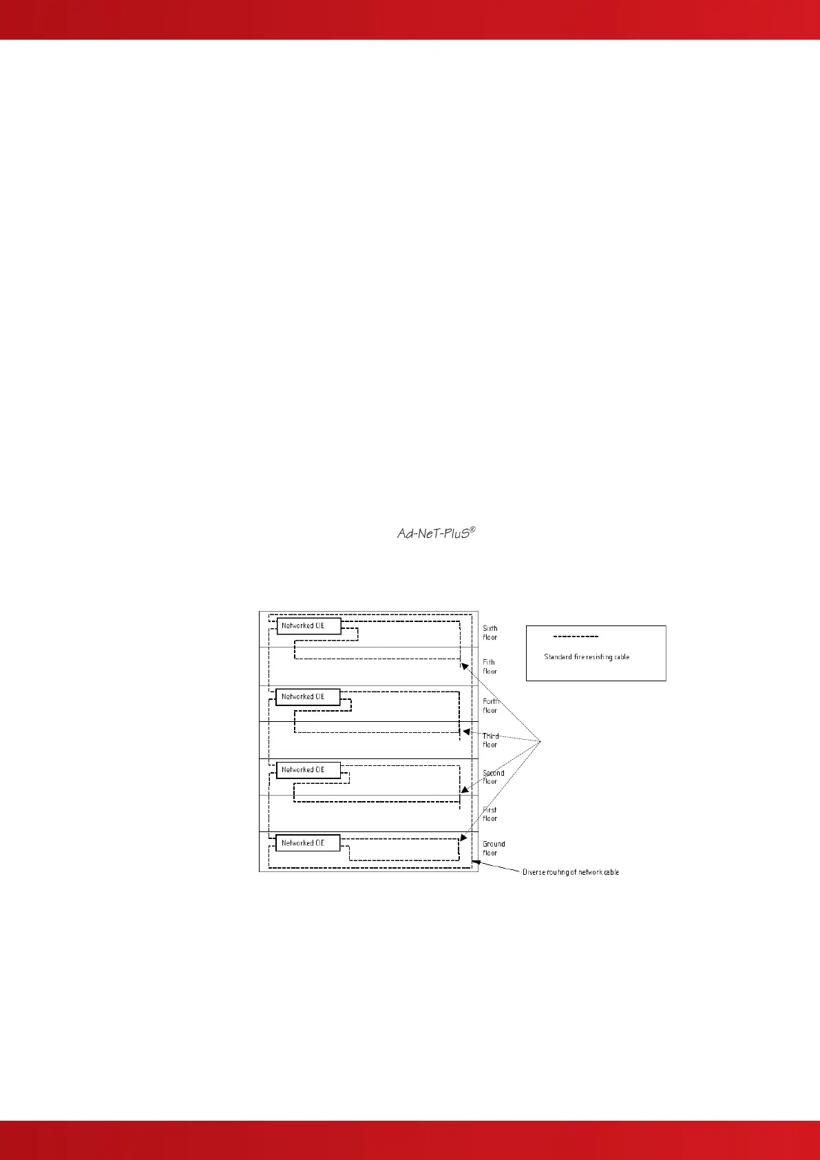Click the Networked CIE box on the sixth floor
308,626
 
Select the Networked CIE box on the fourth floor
308,697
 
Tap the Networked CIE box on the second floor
308,770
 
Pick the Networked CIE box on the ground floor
308,843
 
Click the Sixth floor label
490,632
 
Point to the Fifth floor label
490,667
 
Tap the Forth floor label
491,705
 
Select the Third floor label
491,740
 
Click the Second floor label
493,777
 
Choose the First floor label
490,814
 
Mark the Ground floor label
494,848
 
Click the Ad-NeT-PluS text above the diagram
437,533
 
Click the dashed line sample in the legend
576,636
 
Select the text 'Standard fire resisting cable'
587,657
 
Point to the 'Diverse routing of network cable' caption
570,872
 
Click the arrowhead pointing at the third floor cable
465,732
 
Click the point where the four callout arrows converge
540,741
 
